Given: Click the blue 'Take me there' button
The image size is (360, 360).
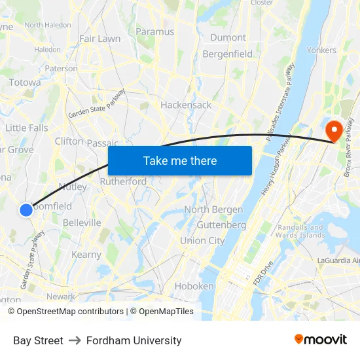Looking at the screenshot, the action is click(180, 160).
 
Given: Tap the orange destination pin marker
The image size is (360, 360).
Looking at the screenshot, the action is click(334, 130).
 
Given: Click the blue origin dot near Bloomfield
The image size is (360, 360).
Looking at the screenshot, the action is click(26, 210).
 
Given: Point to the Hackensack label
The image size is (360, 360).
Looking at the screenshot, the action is click(186, 105).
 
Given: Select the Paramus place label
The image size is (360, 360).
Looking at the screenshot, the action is click(155, 31).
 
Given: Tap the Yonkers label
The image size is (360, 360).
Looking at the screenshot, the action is click(321, 50).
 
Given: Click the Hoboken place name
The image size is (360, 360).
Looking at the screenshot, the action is click(194, 286).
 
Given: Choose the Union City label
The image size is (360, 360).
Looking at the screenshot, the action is click(202, 240).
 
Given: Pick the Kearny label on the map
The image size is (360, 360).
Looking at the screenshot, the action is click(86, 255).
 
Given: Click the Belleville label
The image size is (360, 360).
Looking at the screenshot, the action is click(82, 223).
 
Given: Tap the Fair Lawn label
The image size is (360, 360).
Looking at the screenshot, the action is click(99, 39).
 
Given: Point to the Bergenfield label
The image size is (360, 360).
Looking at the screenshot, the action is click(228, 54).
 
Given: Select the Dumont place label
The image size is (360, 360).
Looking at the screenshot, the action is click(228, 37).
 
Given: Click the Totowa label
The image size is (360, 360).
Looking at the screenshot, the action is click(25, 82).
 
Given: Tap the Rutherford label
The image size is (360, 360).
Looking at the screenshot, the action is click(123, 181).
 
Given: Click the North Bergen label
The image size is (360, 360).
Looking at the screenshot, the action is click(213, 209).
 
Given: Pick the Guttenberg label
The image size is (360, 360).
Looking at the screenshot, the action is click(221, 225).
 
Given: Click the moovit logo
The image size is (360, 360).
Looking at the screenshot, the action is click(321, 339).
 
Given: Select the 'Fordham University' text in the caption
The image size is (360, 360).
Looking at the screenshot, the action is click(134, 340).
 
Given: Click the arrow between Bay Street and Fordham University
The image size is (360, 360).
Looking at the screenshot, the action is click(75, 340).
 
